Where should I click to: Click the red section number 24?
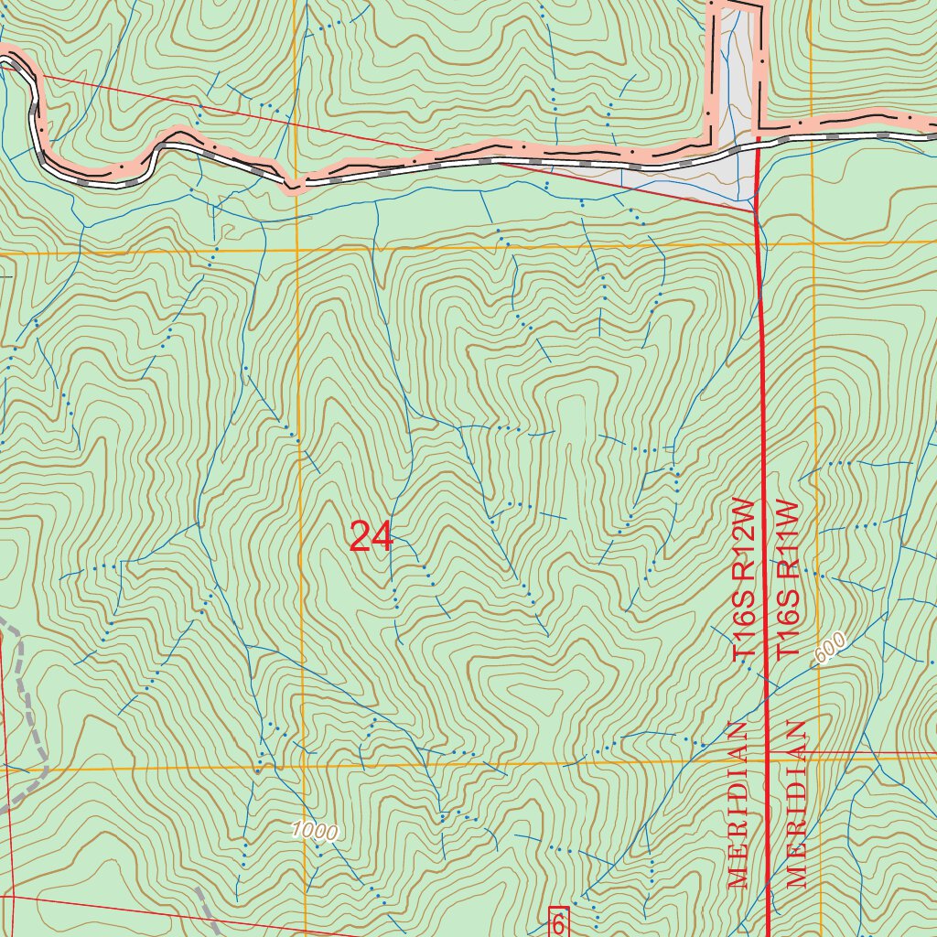(x=371, y=537)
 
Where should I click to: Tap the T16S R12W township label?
(x=746, y=580)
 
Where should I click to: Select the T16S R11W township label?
(x=788, y=580)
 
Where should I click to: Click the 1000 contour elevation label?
(x=315, y=831)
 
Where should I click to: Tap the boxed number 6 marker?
(x=558, y=922)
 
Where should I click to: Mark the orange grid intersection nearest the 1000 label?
(x=301, y=767)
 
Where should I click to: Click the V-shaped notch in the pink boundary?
(x=292, y=188)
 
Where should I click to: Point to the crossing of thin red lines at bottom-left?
(x=11, y=897)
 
